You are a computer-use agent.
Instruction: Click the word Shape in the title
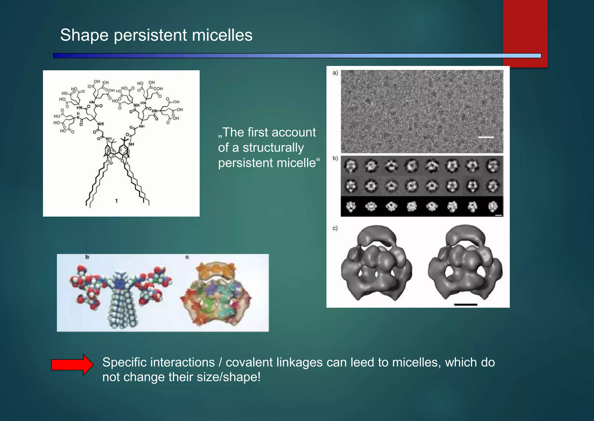[84, 35]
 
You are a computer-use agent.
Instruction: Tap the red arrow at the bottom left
[73, 365]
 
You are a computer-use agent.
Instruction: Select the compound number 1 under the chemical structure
[116, 201]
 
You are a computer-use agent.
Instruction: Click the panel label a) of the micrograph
[335, 73]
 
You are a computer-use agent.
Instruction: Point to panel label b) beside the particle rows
[335, 159]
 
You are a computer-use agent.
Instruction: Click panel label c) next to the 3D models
[335, 228]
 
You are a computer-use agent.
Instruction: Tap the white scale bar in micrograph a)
[486, 137]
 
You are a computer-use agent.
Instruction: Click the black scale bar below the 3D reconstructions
[465, 305]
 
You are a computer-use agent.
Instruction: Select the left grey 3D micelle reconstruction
[376, 264]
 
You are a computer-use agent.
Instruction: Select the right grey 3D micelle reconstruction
[465, 264]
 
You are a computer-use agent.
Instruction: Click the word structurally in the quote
[273, 147]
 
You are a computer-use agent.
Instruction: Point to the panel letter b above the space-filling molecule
[87, 257]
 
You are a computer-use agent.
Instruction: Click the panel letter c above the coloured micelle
[187, 257]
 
